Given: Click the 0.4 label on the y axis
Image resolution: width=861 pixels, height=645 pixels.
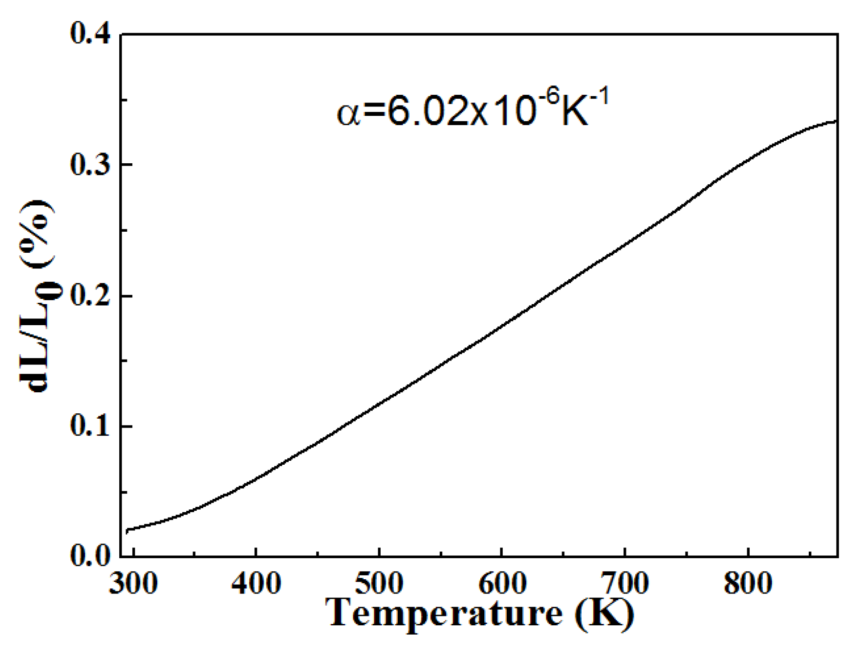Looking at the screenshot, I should pos(91,34).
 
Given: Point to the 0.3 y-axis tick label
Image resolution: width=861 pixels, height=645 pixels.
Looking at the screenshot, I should pos(91,165).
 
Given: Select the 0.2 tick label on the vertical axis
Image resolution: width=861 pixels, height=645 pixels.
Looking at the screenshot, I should pos(91,296).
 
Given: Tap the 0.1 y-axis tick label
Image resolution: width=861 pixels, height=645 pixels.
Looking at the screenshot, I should pos(91,426).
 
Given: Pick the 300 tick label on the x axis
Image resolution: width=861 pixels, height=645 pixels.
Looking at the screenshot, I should pos(133,583).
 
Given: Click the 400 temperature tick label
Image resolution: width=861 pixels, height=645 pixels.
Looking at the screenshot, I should pos(256,583).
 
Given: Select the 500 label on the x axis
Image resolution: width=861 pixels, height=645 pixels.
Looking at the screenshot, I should pos(379,583).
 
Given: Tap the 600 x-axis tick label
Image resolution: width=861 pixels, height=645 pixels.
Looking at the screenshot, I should pos(502,583).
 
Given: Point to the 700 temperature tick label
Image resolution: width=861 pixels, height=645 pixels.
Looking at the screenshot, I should pos(625,583).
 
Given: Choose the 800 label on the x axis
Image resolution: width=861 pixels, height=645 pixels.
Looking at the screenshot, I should pos(748,583).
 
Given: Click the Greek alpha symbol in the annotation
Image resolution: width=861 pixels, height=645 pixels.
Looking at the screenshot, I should pos(348,114).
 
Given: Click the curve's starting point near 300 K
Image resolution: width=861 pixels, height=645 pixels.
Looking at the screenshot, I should pos(127,531).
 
